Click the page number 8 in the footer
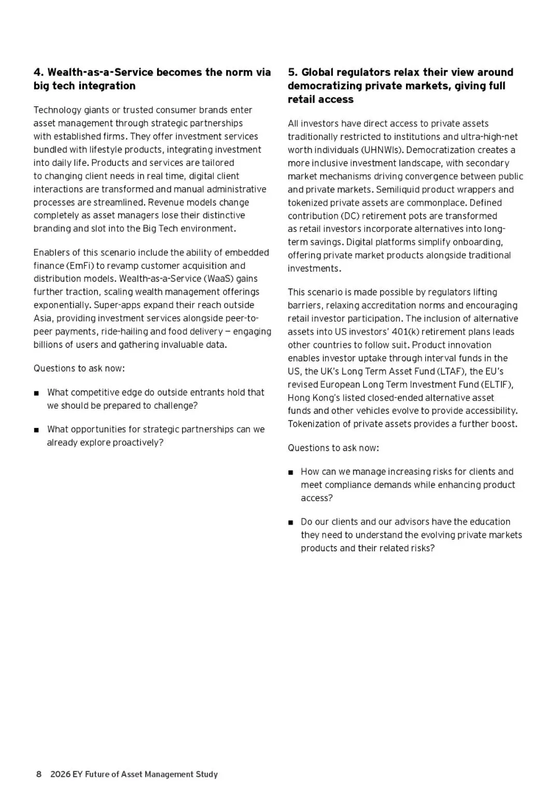pyautogui.click(x=38, y=774)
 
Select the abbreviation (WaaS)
pyautogui.click(x=220, y=279)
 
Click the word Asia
pyautogui.click(x=43, y=318)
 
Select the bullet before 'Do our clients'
pyautogui.click(x=290, y=522)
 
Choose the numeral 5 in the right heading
pyautogui.click(x=291, y=72)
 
